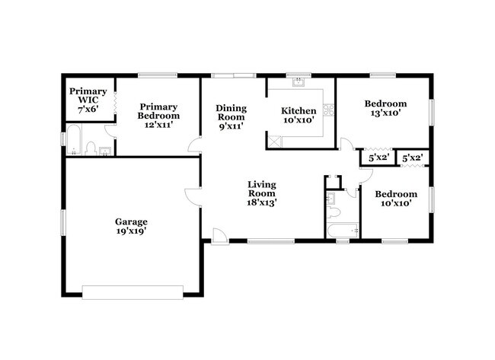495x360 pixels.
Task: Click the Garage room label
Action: tap(131, 221)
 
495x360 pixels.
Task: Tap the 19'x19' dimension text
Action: tap(131, 231)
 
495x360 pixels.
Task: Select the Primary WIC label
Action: tap(88, 96)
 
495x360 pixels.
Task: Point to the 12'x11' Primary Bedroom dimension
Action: tap(158, 125)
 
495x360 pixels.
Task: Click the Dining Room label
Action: tap(231, 113)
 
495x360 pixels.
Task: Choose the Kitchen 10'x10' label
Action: tap(299, 115)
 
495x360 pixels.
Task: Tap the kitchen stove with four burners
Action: tap(329, 110)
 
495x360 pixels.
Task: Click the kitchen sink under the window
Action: tap(299, 82)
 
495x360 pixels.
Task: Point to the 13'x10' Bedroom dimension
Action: tap(385, 113)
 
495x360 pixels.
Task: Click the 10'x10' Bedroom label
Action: tap(396, 199)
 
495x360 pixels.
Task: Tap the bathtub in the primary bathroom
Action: tap(74, 140)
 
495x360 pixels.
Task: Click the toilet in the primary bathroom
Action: tap(91, 148)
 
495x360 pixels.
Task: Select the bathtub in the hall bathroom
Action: tap(343, 231)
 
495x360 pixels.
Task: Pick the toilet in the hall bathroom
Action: tap(333, 212)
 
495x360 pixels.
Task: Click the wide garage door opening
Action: tap(133, 292)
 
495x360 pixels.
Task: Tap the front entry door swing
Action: tap(220, 236)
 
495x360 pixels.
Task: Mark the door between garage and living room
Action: tap(193, 197)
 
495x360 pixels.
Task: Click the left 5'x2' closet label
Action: tap(378, 157)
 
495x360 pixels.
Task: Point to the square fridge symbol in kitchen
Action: tap(274, 142)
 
